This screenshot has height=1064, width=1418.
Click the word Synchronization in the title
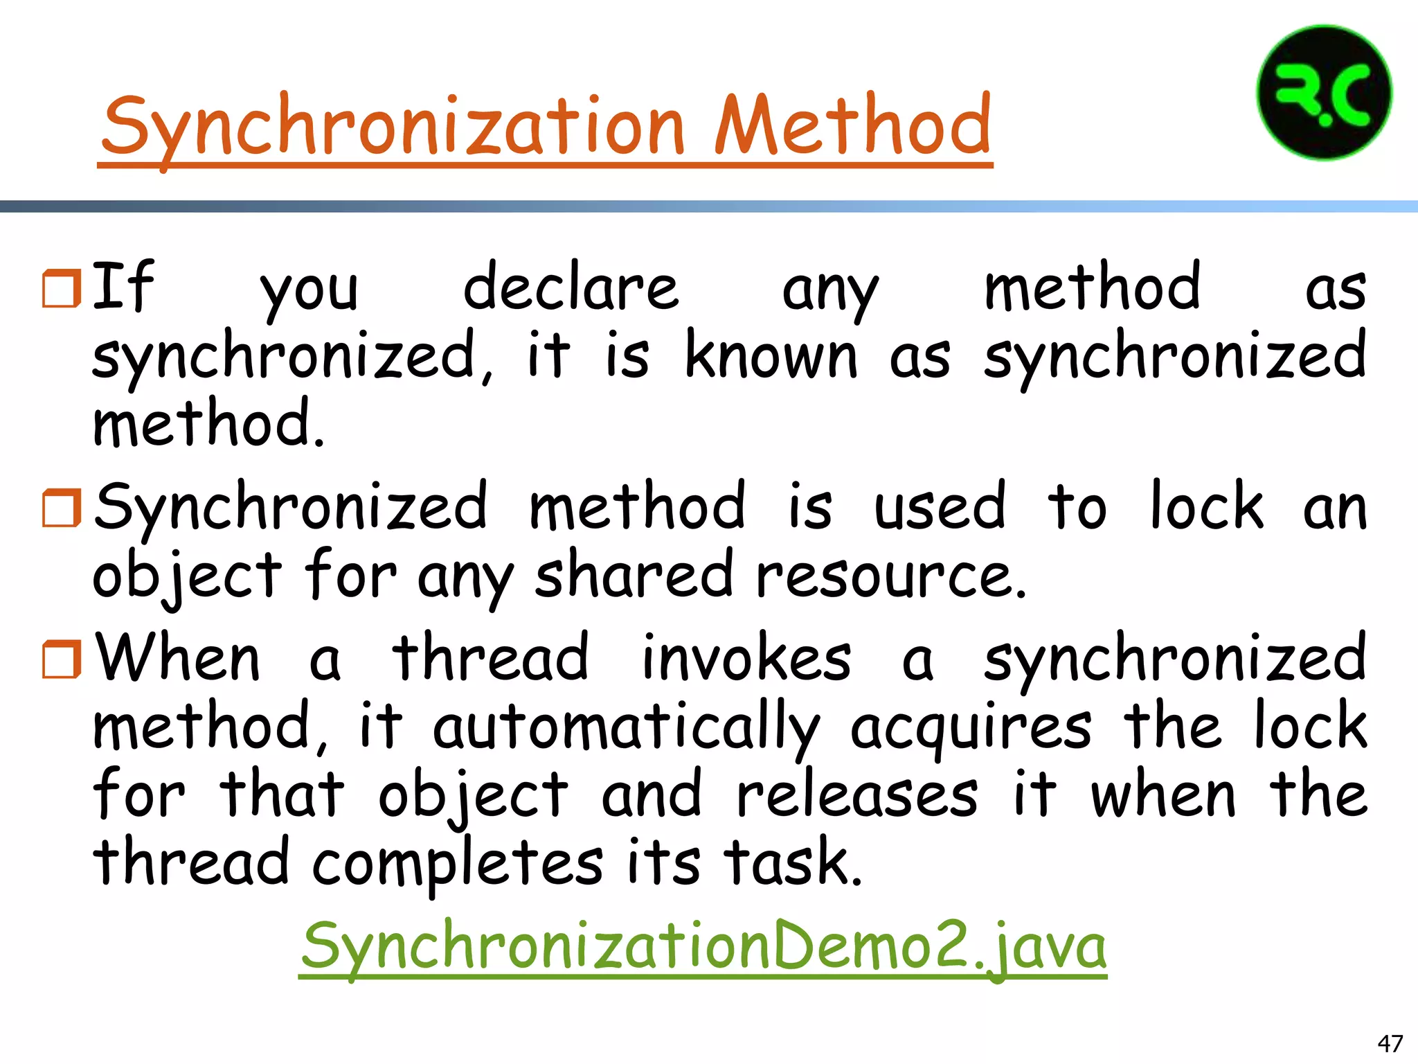(x=393, y=126)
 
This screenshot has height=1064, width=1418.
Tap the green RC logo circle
(x=1324, y=93)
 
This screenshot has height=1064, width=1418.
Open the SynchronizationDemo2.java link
(x=703, y=946)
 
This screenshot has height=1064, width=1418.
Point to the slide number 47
(x=1390, y=1043)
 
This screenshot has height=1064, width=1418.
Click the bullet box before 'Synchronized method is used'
(x=62, y=507)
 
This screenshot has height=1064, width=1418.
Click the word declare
(x=571, y=288)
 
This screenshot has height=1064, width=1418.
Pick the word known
(x=771, y=356)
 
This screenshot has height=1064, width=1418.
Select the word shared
(x=633, y=575)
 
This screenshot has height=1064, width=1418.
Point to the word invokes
(x=746, y=658)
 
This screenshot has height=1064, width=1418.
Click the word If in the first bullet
(x=123, y=287)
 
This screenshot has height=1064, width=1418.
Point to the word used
(x=939, y=507)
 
